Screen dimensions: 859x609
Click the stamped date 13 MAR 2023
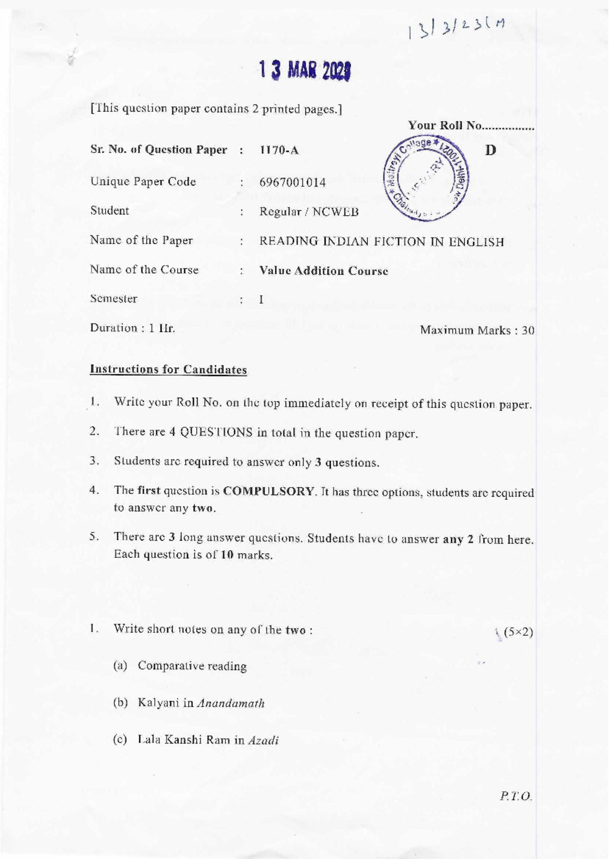click(305, 72)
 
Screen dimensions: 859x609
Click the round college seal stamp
click(426, 179)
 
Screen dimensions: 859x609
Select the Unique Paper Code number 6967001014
click(292, 183)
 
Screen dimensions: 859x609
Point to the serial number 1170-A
click(279, 151)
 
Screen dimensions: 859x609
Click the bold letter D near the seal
click(490, 151)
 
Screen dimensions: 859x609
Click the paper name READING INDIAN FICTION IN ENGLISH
click(382, 242)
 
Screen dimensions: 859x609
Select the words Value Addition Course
click(324, 271)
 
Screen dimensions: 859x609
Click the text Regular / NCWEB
click(309, 212)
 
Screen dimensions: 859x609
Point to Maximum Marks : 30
click(477, 331)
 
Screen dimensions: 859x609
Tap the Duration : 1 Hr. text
click(132, 328)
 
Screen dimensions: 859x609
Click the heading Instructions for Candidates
click(168, 370)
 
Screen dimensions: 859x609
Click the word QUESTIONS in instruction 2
click(216, 433)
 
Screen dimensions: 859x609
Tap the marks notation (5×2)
click(518, 632)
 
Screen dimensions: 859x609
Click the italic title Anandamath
click(231, 703)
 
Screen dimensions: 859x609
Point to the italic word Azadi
click(263, 740)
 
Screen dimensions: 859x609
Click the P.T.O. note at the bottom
click(516, 797)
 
